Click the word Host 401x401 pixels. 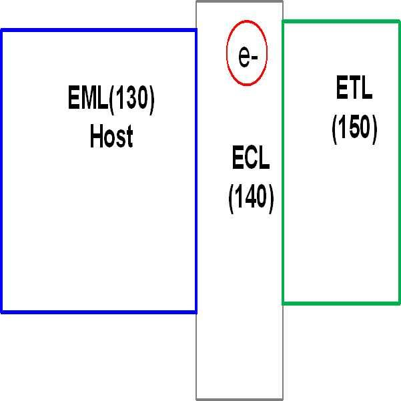[111, 136]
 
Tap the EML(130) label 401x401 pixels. [111, 99]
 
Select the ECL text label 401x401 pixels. [251, 159]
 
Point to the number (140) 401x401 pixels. [251, 197]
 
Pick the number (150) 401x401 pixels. [354, 128]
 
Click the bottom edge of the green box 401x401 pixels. [341, 304]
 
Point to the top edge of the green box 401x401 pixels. [341, 21]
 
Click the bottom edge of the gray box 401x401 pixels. [240, 399]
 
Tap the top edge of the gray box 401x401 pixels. [240, 1]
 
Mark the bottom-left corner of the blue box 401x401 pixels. [1, 312]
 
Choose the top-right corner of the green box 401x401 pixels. [399, 21]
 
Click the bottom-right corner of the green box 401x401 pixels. [399, 304]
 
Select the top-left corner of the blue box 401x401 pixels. [1, 30]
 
